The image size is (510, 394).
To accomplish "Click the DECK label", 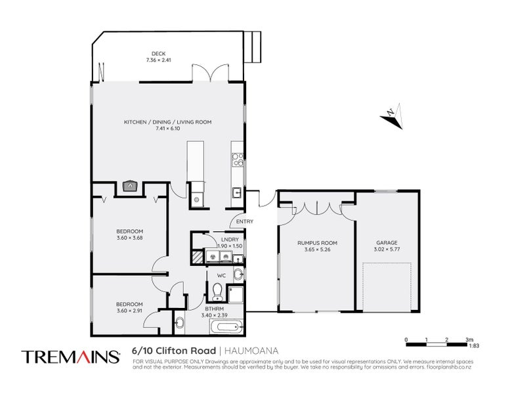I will (158, 54).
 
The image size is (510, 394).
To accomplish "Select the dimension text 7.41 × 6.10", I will (167, 128).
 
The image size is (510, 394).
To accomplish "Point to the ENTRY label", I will (245, 221).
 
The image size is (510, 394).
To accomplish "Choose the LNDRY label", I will (230, 240).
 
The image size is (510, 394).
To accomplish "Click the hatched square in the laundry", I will (198, 256).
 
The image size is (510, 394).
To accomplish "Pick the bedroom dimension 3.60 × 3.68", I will (130, 237).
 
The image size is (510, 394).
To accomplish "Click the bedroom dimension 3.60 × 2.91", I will (130, 310).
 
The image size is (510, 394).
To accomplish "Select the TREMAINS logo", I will (71, 357).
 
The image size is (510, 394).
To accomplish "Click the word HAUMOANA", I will (251, 352).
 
